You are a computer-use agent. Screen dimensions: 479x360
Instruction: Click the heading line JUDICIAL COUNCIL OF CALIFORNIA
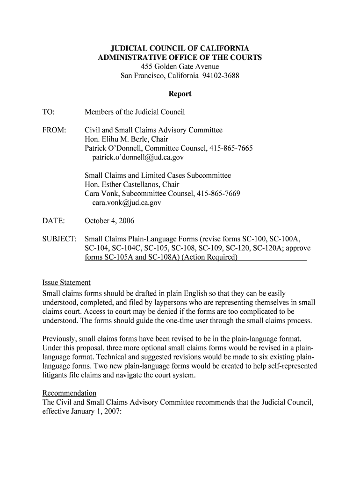coord(180,49)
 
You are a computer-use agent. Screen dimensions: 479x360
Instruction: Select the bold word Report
coord(180,94)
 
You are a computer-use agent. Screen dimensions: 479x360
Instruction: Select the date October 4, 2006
coord(109,221)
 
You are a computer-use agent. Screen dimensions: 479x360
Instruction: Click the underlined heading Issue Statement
coord(66,283)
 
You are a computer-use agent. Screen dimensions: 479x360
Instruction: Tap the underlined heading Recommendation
coord(69,393)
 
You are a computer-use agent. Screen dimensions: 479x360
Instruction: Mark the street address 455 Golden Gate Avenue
coord(180,67)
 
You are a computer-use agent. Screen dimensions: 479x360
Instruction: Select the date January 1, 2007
coord(97,411)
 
